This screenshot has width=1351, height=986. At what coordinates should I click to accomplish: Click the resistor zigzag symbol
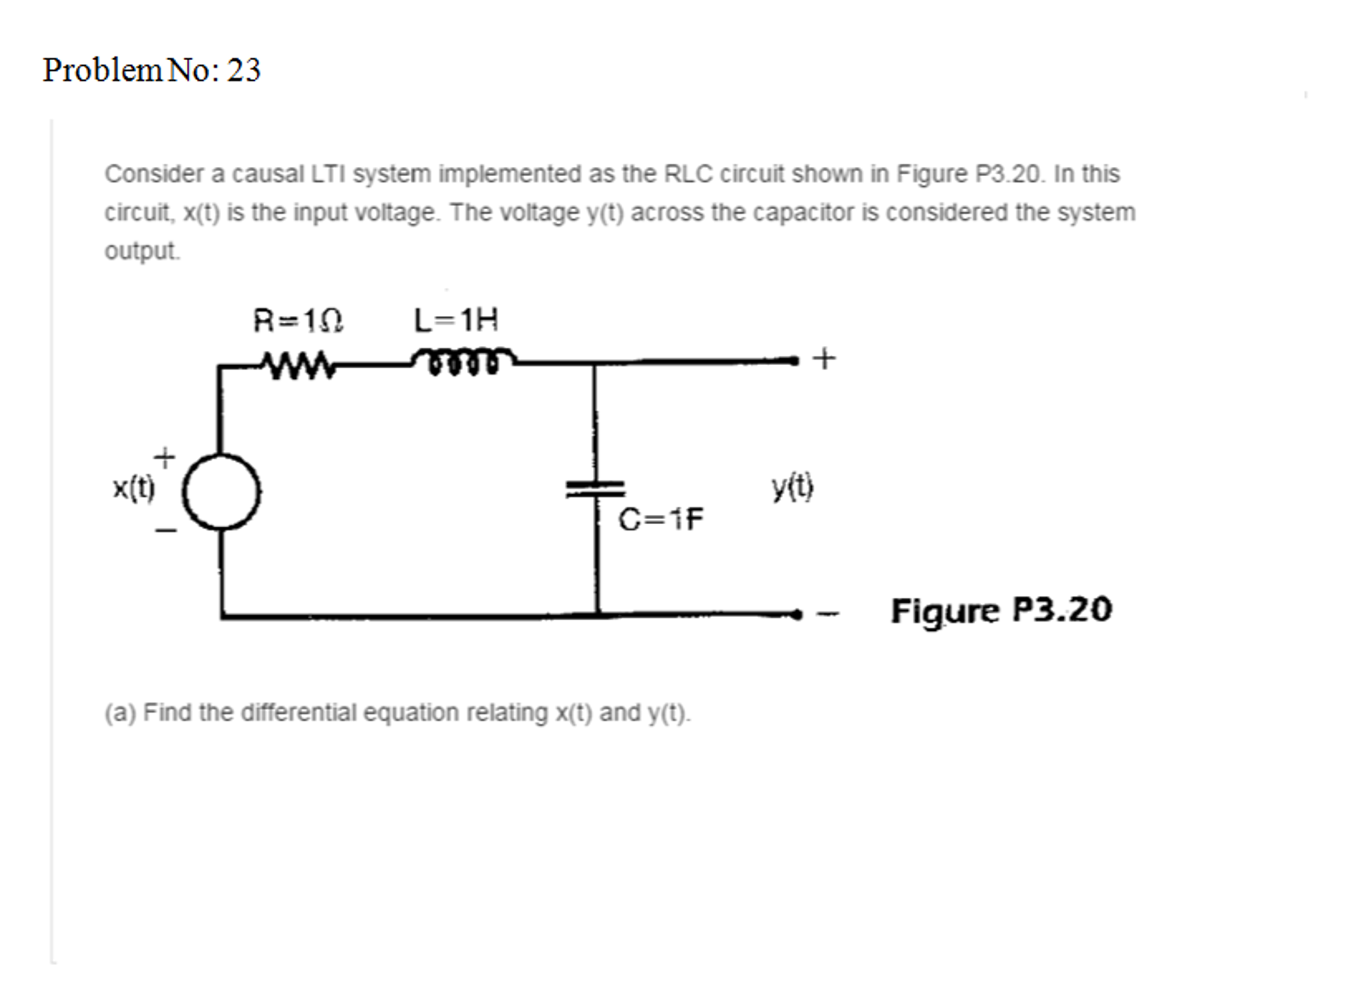[298, 364]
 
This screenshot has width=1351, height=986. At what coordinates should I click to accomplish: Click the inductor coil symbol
[462, 360]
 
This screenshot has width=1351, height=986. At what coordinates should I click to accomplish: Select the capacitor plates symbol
[595, 488]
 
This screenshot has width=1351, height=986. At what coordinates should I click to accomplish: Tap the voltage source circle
[221, 492]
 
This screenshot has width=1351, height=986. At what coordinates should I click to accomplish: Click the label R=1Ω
[298, 321]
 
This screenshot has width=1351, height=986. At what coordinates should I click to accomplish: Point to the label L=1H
[456, 321]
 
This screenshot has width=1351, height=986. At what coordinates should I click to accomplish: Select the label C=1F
[660, 519]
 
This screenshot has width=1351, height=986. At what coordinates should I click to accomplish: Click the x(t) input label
[133, 488]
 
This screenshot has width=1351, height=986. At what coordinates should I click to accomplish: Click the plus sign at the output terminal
[823, 359]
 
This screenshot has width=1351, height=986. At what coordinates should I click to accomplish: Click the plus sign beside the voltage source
[164, 457]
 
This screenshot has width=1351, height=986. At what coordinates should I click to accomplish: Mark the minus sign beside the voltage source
[166, 529]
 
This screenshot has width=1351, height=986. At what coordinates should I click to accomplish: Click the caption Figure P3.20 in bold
[1001, 610]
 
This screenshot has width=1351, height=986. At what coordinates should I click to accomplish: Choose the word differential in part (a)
[299, 713]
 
